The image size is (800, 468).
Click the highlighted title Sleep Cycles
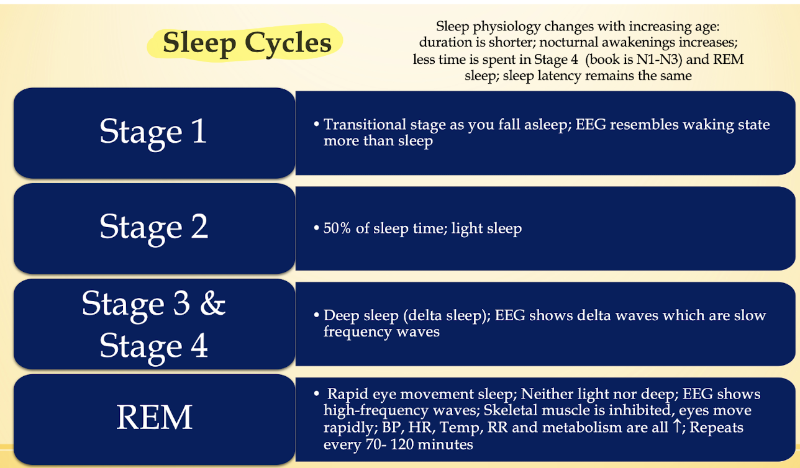247,43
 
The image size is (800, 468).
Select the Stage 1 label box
154,133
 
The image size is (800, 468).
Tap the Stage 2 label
153,227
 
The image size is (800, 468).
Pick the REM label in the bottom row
154,417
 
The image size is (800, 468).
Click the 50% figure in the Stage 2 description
337,228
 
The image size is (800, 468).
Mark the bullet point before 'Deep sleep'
316,315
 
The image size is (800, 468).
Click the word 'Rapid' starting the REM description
348,394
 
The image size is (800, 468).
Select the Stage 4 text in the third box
153,346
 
